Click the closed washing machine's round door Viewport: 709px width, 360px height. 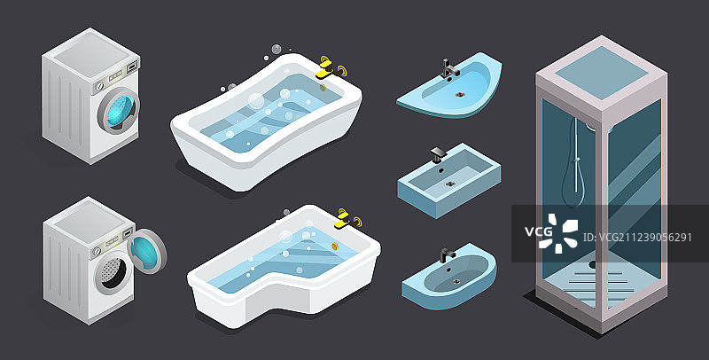coord(118,110)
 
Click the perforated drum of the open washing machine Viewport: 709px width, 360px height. coord(113,272)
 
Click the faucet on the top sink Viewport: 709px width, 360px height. coord(449,69)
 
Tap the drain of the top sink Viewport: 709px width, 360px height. coord(460,95)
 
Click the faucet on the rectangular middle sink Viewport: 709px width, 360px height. coord(438,154)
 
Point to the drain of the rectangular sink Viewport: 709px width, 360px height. coord(450,184)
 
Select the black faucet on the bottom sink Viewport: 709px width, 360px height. coord(447,255)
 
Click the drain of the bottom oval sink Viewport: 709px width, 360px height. coord(456,281)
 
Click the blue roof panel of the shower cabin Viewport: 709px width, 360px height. coord(602,73)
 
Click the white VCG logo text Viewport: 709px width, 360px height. coord(539,231)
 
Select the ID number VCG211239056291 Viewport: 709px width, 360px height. coord(637,238)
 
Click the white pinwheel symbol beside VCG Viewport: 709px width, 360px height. coord(558,234)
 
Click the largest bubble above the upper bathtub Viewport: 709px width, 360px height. coord(255,101)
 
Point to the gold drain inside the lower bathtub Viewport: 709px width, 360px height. coord(335,246)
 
